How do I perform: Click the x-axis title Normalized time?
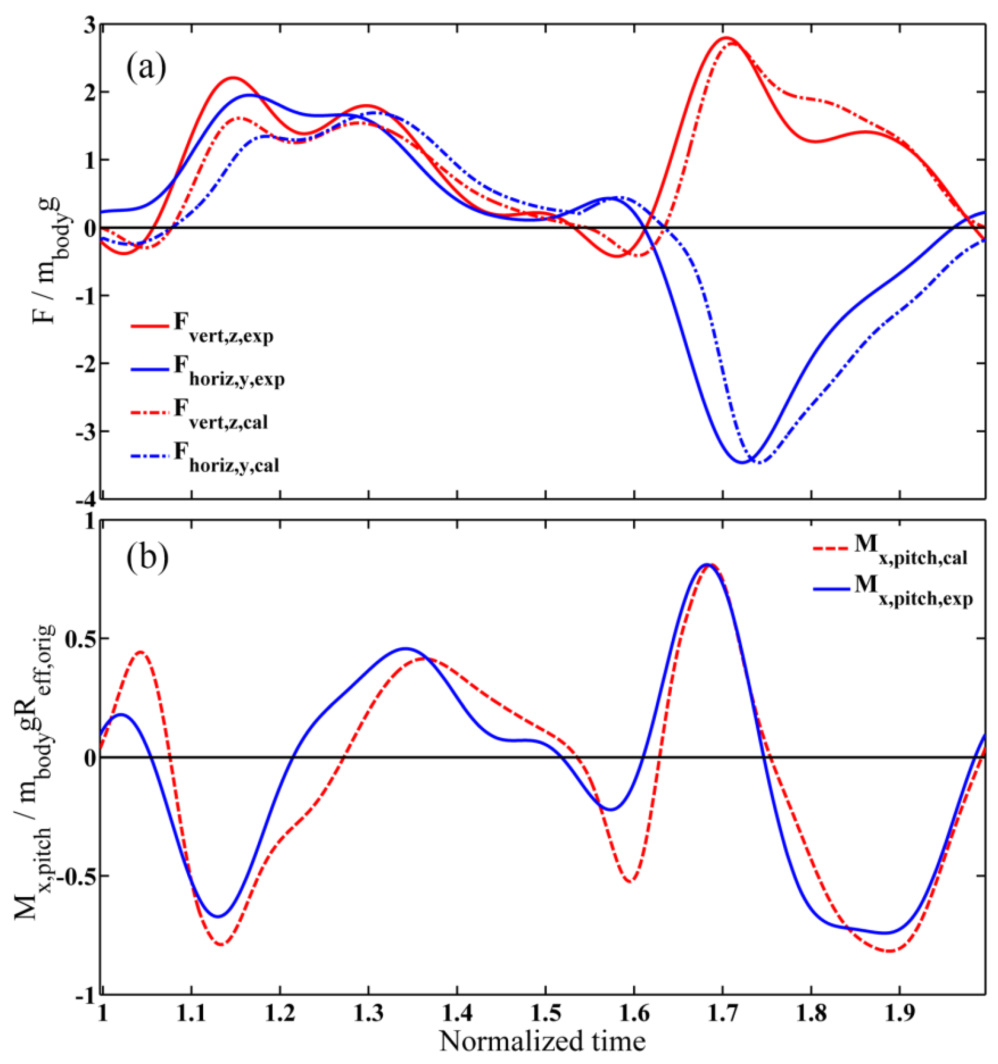click(x=542, y=1040)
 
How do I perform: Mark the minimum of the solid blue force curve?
click(x=742, y=462)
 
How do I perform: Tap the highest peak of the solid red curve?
click(x=727, y=38)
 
